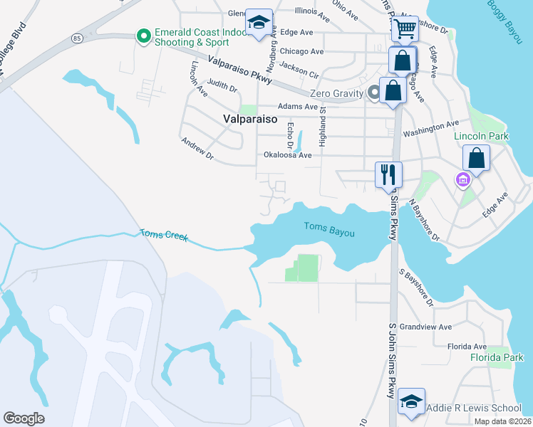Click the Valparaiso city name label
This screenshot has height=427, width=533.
click(x=249, y=120)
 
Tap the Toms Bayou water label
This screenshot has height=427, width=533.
click(x=328, y=228)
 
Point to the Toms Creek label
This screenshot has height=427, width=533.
click(x=163, y=235)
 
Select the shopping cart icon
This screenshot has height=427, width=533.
click(x=404, y=29)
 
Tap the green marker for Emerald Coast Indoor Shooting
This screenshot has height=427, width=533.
click(x=143, y=34)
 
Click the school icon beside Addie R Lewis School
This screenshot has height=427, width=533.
click(x=411, y=402)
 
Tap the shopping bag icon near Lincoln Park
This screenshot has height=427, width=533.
click(x=475, y=158)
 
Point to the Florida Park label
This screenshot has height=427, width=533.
click(x=496, y=357)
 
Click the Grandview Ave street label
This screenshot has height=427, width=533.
click(x=425, y=327)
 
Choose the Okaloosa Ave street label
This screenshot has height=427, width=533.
click(x=288, y=154)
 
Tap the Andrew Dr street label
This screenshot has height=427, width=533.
click(x=197, y=148)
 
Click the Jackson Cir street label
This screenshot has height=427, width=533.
click(x=299, y=69)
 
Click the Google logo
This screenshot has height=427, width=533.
click(x=24, y=418)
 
